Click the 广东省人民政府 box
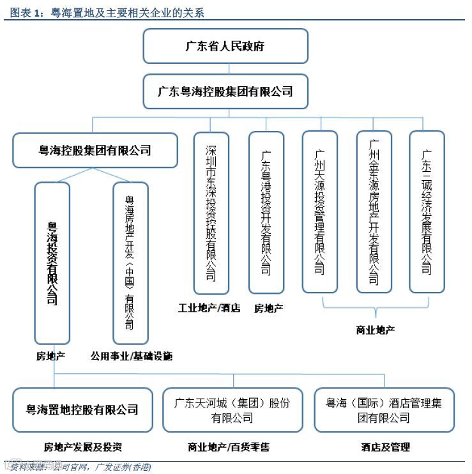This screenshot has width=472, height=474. (225, 46)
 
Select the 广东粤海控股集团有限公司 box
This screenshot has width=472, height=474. (225, 91)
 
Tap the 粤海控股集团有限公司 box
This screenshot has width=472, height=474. (95, 151)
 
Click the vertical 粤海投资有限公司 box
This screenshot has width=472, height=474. (52, 263)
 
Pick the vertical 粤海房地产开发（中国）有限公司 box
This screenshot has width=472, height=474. (130, 263)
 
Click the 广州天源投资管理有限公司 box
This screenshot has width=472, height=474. (319, 211)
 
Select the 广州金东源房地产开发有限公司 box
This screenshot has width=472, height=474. (374, 211)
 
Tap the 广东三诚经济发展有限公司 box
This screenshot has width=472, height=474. (427, 211)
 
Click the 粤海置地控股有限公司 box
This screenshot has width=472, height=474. (82, 409)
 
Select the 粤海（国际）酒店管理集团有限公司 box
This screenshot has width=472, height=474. (384, 409)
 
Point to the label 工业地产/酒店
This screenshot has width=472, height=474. (209, 308)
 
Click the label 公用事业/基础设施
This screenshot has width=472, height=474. (131, 356)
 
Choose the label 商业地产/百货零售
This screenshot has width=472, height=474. (229, 447)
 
